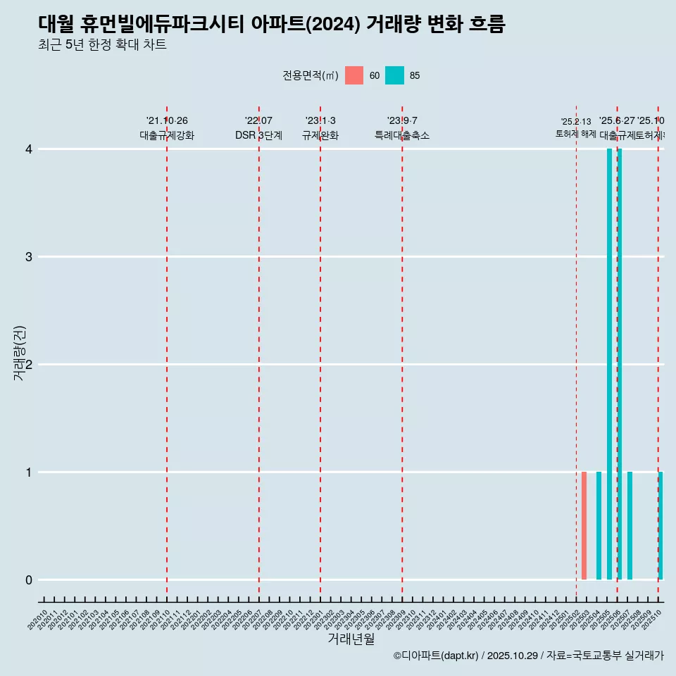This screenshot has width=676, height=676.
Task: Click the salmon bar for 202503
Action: [584, 525]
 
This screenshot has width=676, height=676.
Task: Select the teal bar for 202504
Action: [599, 525]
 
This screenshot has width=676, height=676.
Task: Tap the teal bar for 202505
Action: [609, 364]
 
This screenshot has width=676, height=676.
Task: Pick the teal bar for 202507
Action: [630, 525]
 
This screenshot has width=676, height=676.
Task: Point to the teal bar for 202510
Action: [661, 525]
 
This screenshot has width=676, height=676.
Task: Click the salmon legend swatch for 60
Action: [354, 75]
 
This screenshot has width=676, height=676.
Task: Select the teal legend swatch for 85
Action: [394, 75]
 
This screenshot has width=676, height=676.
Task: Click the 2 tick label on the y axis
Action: [29, 364]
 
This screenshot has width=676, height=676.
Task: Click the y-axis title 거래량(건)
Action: [20, 353]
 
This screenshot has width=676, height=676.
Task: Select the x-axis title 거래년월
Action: [351, 639]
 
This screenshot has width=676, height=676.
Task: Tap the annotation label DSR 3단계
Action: [258, 135]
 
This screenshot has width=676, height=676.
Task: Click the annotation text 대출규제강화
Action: [167, 135]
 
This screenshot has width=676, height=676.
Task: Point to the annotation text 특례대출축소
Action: [401, 135]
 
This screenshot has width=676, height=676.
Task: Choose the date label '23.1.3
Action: [320, 121]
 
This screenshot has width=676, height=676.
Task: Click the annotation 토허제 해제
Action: [576, 134]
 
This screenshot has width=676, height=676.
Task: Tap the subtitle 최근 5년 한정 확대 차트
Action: [102, 45]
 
